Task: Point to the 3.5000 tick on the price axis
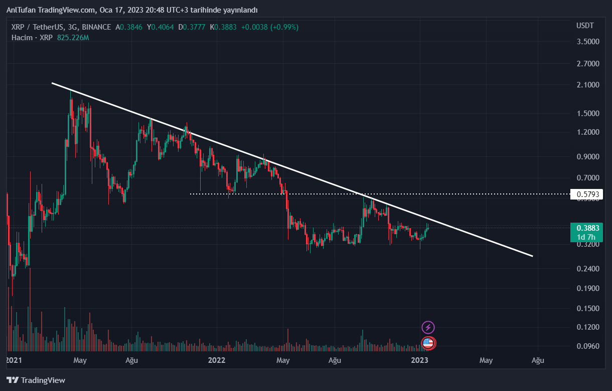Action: click(x=588, y=41)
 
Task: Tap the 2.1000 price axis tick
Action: click(x=588, y=85)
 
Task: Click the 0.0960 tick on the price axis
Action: click(x=588, y=346)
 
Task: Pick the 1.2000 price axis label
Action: click(x=588, y=132)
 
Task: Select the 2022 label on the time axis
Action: click(x=216, y=360)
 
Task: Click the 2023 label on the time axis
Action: click(x=419, y=360)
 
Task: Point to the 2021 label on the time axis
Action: click(x=14, y=360)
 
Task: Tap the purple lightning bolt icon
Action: click(x=428, y=328)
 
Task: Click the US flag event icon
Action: click(x=428, y=343)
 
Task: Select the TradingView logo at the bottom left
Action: click(x=36, y=380)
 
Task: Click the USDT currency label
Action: click(x=585, y=26)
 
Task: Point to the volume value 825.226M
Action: click(x=73, y=38)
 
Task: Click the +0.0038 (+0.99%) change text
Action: click(x=269, y=27)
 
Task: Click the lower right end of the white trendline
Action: click(x=532, y=256)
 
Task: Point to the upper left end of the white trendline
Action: click(x=52, y=83)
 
